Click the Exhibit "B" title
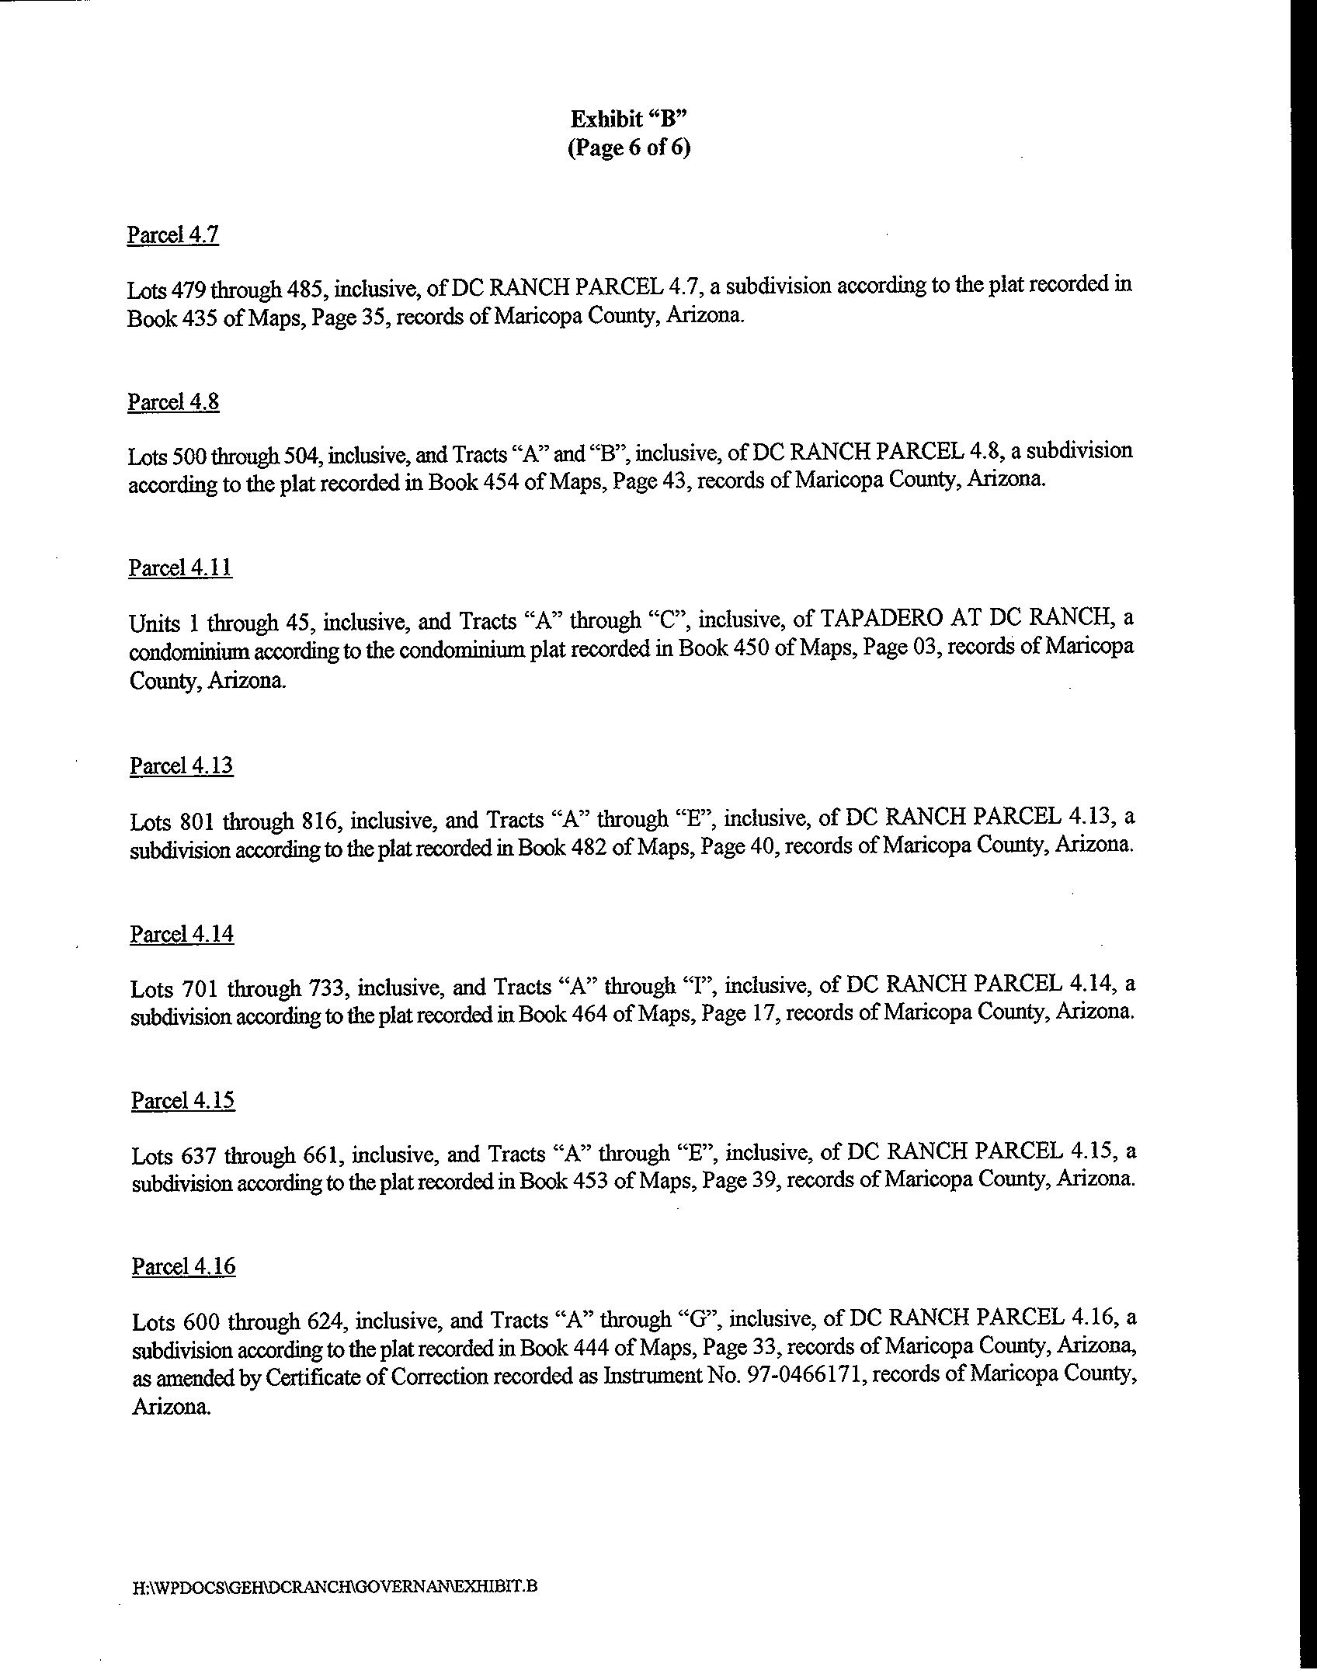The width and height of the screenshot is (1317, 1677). tap(629, 119)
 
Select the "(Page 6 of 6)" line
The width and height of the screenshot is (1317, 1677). tap(629, 148)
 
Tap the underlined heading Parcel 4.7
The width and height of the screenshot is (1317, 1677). tap(173, 234)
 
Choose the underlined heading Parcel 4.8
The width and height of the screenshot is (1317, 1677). tap(173, 401)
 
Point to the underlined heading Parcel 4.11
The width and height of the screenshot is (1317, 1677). tap(180, 568)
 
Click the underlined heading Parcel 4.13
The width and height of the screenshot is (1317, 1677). tap(182, 766)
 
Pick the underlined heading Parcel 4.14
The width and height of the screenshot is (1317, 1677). tap(182, 933)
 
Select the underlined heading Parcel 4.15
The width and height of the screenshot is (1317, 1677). tap(182, 1100)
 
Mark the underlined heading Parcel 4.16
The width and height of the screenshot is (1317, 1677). tap(183, 1267)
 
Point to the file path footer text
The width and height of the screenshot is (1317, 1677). tap(335, 1586)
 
